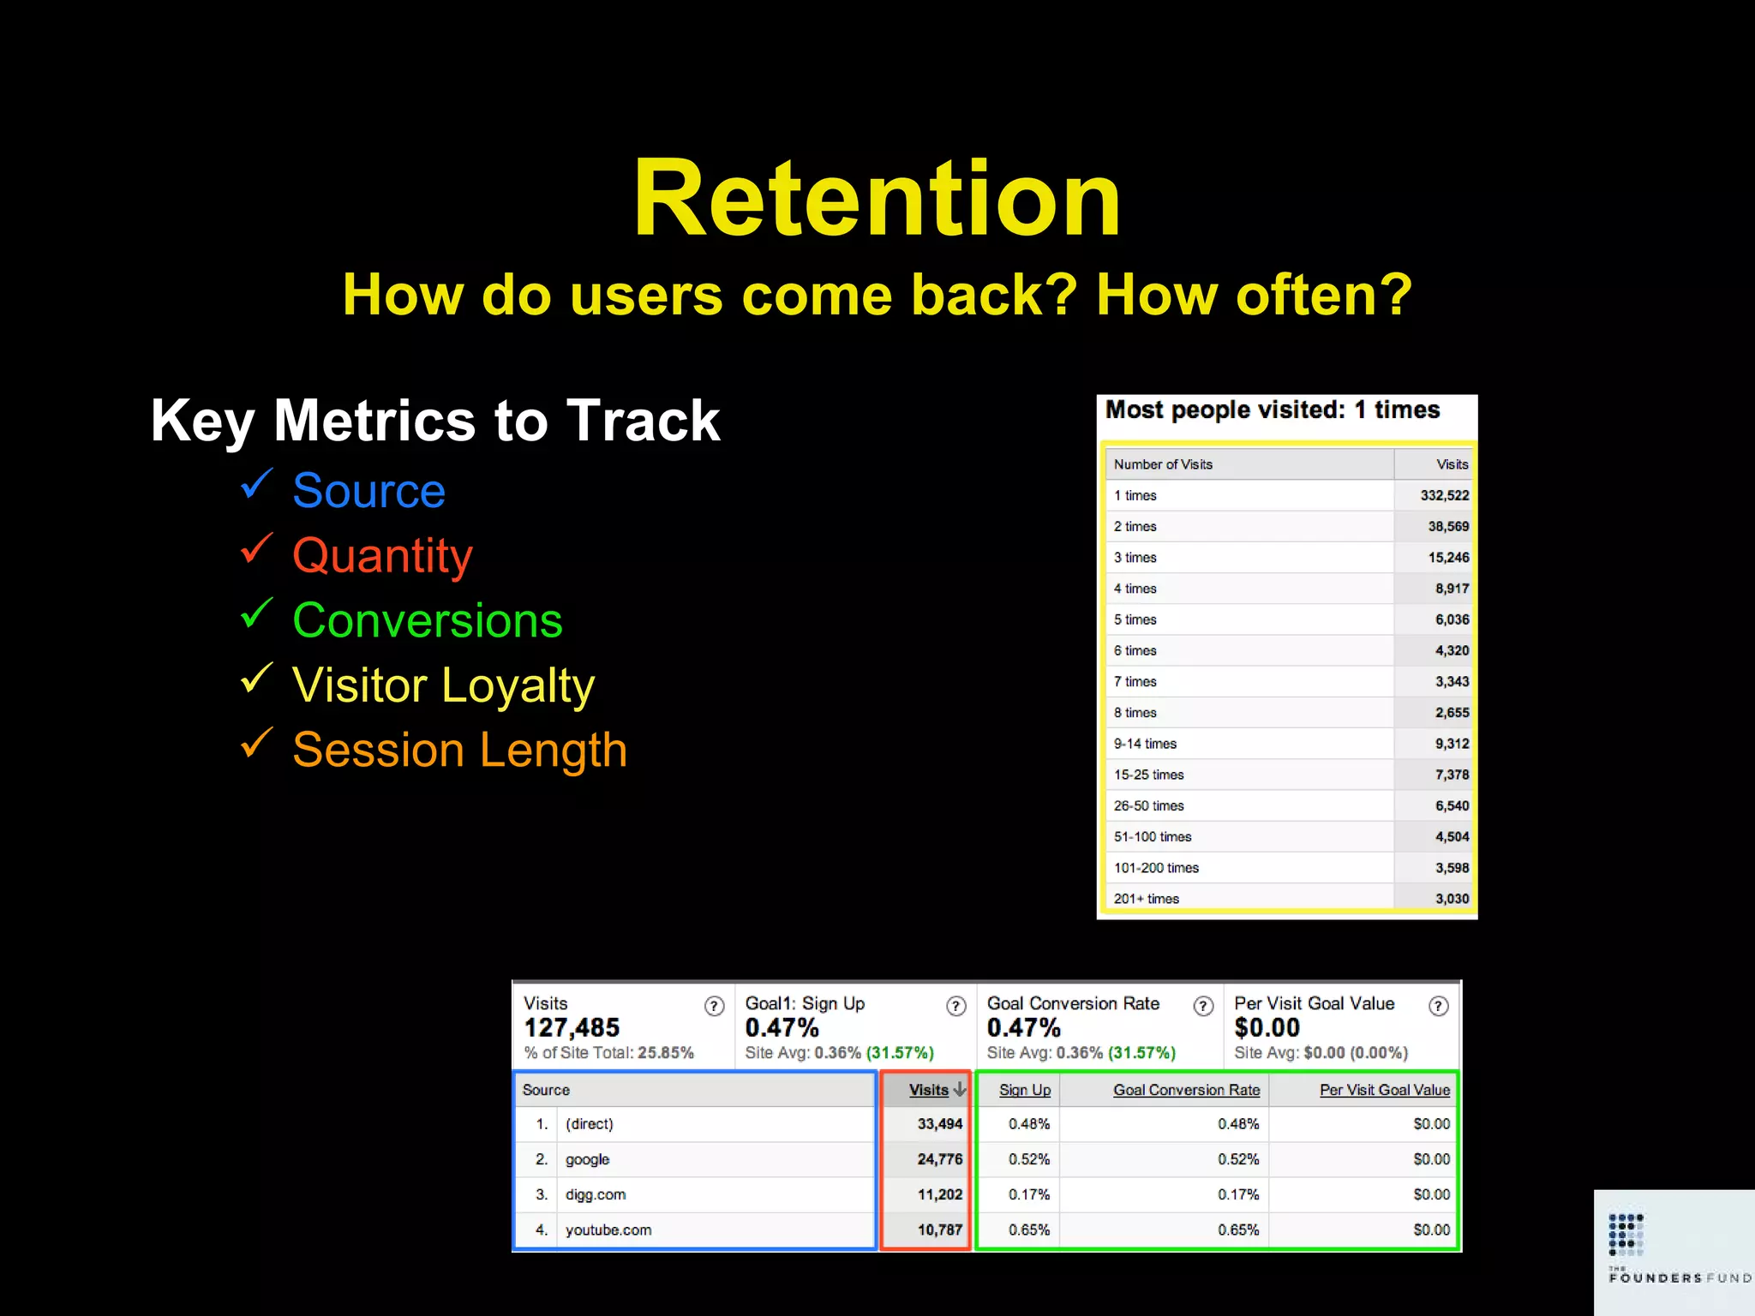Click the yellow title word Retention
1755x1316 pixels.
tap(876, 199)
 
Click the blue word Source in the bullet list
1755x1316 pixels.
tap(368, 491)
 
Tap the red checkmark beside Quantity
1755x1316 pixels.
tap(256, 549)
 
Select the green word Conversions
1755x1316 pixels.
tap(427, 620)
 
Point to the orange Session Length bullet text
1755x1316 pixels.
tap(459, 750)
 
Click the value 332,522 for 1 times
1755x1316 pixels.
tap(1444, 495)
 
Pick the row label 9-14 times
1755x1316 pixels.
tap(1145, 744)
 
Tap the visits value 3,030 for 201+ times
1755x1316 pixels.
tap(1452, 899)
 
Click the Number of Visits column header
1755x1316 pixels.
tap(1163, 464)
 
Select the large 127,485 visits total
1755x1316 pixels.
tap(572, 1027)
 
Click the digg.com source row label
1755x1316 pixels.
tap(596, 1194)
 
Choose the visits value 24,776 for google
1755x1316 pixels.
tap(939, 1159)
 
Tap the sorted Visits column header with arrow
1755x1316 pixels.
tap(936, 1090)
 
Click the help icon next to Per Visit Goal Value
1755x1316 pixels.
tap(1439, 1006)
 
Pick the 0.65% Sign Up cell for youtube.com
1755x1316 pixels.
tap(1028, 1229)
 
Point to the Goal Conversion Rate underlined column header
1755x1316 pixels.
tap(1186, 1090)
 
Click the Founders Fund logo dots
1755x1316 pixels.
tap(1626, 1234)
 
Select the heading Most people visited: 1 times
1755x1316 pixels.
tap(1272, 410)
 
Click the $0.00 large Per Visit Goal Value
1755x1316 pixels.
tap(1267, 1027)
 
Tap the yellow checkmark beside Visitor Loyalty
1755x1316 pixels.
tap(256, 679)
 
